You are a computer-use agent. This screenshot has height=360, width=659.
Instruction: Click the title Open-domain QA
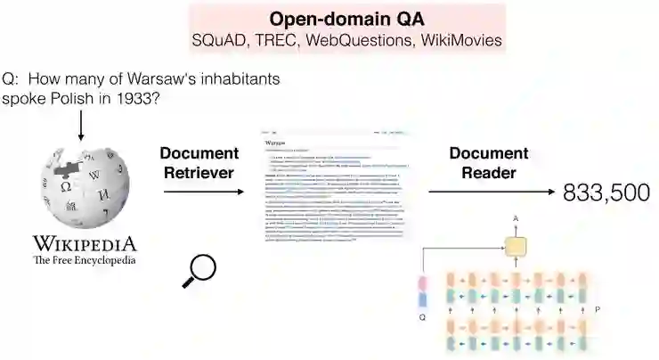346,19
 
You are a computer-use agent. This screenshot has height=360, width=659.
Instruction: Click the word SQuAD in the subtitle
216,40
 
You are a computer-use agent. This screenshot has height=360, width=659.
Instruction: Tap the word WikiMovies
460,40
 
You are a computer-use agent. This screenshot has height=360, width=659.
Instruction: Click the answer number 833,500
606,192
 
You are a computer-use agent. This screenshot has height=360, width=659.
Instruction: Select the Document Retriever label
200,162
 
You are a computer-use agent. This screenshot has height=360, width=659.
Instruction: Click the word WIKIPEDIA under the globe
85,243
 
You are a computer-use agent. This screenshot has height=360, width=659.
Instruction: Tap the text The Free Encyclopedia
85,260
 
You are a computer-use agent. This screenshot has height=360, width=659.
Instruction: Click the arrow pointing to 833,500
490,192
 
